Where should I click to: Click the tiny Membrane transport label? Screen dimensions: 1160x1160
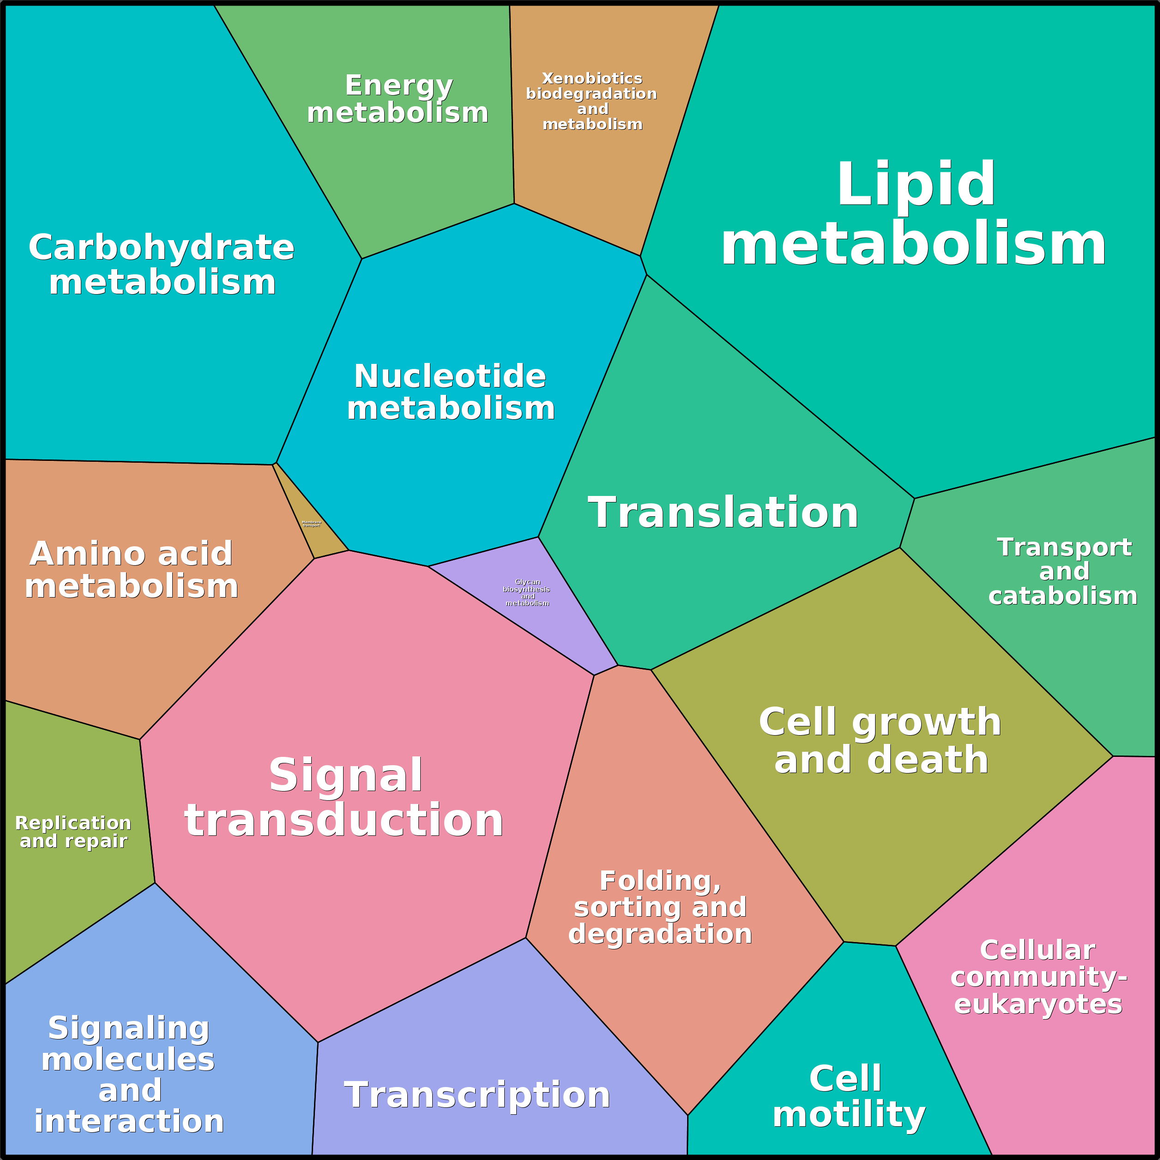[x=311, y=524]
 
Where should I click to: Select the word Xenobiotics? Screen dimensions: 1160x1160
[x=592, y=79]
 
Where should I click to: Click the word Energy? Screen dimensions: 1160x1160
[x=399, y=86]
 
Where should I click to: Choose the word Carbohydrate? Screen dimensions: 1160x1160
[x=162, y=248]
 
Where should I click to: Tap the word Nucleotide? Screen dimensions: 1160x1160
[x=450, y=376]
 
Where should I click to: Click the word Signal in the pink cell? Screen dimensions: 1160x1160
[x=346, y=775]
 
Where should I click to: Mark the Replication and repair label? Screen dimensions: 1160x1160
[x=73, y=832]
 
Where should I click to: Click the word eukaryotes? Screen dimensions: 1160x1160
[x=1038, y=1003]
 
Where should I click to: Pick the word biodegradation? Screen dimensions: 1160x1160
[x=592, y=94]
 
